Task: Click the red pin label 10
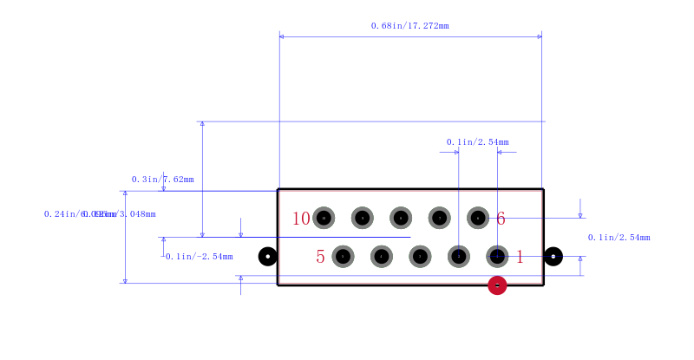click(x=301, y=219)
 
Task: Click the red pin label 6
click(x=501, y=219)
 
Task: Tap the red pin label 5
click(x=320, y=257)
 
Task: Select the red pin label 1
click(x=520, y=257)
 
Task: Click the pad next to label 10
click(x=324, y=218)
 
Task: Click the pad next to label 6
click(x=478, y=218)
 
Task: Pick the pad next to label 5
click(x=344, y=256)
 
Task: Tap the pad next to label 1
click(x=497, y=256)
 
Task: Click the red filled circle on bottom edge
click(x=497, y=285)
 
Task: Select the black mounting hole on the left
click(x=268, y=256)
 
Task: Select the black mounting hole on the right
click(x=553, y=256)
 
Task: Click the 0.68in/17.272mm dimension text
click(x=409, y=26)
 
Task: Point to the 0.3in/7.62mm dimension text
click(x=162, y=180)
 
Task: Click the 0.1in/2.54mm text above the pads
click(x=477, y=142)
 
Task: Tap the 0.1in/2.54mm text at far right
click(x=619, y=238)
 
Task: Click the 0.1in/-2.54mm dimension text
click(x=199, y=257)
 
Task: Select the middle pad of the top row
click(x=401, y=218)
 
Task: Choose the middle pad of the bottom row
click(x=420, y=256)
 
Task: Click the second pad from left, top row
click(x=363, y=218)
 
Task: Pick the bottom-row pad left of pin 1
click(x=459, y=256)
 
